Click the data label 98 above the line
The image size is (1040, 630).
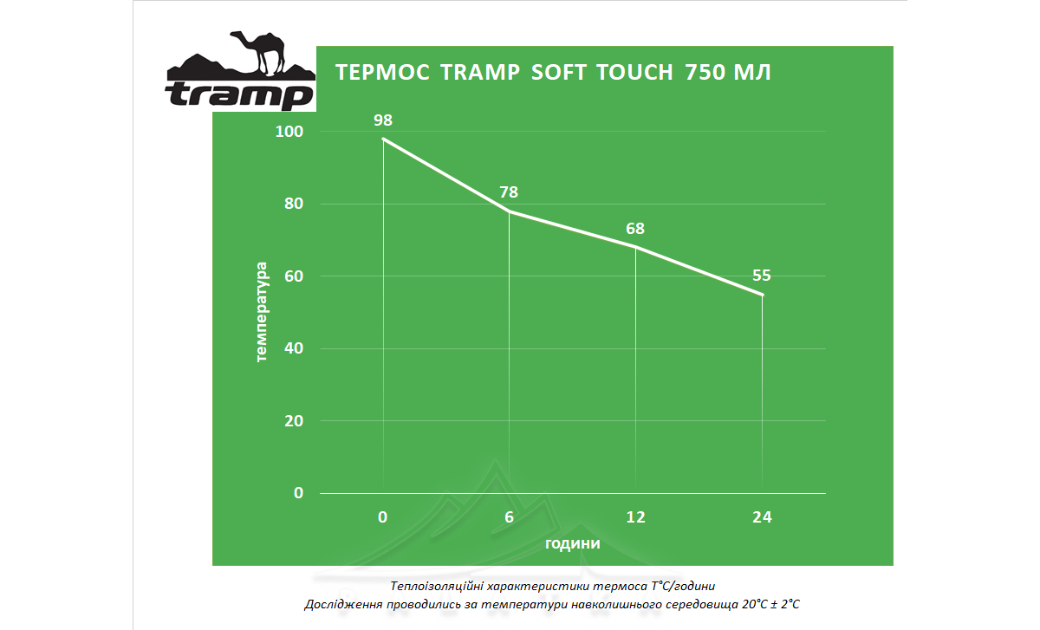382,120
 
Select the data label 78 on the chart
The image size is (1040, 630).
509,192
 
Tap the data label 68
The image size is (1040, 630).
635,229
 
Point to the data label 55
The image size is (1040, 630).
762,276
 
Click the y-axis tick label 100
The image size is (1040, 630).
289,132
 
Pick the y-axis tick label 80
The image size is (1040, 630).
293,204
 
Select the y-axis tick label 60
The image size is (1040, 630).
293,276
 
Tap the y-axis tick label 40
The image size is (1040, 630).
293,348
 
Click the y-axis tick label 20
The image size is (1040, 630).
293,420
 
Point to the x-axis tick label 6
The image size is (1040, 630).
509,517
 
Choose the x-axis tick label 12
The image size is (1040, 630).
635,517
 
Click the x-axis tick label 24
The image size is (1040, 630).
762,517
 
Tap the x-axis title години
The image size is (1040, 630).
572,543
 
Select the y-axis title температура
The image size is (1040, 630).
263,312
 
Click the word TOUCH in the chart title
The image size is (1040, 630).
635,73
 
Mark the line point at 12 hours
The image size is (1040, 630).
636,247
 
